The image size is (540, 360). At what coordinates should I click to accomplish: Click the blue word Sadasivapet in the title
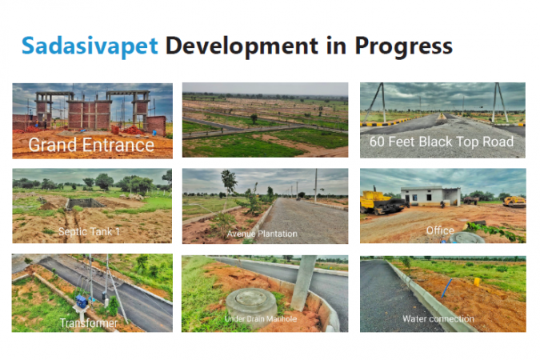[90, 46]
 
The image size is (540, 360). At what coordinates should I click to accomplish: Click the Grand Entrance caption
[91, 145]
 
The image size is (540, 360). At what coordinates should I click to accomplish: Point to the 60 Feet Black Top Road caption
[442, 142]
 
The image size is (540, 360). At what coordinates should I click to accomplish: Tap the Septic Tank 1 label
[89, 231]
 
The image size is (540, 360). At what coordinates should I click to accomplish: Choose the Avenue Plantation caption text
[262, 234]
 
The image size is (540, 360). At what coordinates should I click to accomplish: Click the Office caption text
[440, 230]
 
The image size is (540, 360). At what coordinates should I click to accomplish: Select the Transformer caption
[89, 323]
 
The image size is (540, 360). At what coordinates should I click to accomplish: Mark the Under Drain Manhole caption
[260, 319]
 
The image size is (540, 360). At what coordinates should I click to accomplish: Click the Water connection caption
[438, 319]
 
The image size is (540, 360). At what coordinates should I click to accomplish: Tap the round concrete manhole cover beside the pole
[251, 303]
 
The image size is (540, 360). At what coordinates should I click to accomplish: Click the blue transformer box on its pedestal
[82, 301]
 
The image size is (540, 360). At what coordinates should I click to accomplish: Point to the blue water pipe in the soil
[446, 288]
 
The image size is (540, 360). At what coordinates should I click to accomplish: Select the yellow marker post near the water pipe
[477, 282]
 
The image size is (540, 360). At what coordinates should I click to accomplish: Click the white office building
[430, 196]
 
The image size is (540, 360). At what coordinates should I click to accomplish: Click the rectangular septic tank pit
[85, 203]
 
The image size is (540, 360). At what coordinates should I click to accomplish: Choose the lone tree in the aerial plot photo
[254, 118]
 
